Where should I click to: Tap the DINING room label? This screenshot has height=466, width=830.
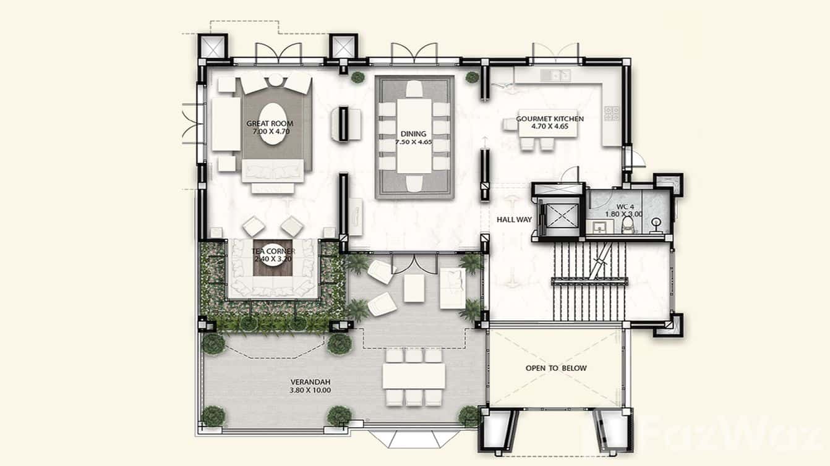(x=414, y=133)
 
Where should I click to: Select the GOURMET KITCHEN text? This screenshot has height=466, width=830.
(x=549, y=119)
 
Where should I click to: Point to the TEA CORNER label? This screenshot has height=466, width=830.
(x=273, y=252)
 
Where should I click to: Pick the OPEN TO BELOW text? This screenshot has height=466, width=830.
(x=556, y=368)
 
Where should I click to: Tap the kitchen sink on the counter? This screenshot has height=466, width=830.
(x=555, y=75)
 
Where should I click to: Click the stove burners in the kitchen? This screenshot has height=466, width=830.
(x=611, y=113)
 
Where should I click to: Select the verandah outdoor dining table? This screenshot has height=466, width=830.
(x=414, y=376)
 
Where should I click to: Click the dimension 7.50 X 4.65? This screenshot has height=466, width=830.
(x=414, y=142)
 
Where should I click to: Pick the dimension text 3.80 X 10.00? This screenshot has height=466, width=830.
(x=310, y=390)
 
